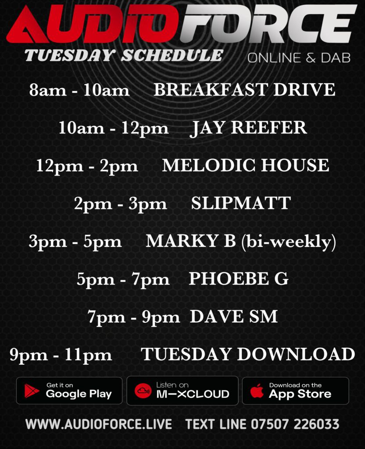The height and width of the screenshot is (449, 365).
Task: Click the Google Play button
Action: coord(69,391)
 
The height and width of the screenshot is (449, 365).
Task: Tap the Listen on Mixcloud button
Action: coord(182,391)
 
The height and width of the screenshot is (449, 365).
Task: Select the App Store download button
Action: coord(296,391)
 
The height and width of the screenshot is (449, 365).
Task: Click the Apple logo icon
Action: coord(257,391)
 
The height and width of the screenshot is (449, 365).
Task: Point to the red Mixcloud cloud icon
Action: coord(143,391)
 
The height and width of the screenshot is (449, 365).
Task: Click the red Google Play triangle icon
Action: coord(32,391)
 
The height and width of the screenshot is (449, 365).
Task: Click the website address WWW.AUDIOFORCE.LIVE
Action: coord(99,424)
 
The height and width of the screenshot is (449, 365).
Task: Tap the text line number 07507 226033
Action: coord(295,424)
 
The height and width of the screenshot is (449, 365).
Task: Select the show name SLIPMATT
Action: coord(241,203)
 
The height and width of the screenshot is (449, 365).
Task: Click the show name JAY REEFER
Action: coord(248,128)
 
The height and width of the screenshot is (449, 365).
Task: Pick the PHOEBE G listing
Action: coord(238,279)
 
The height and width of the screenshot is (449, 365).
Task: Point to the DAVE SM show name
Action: coord(234,317)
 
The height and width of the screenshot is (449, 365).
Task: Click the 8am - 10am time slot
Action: coord(79,90)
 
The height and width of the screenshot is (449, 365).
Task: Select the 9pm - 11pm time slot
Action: coord(61,355)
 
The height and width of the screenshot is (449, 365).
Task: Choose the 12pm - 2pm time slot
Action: coord(87,166)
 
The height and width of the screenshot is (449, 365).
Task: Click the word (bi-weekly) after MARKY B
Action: coord(289,242)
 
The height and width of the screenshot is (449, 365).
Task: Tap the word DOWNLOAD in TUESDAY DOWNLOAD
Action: coord(296,354)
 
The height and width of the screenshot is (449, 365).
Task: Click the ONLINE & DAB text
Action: coord(299,58)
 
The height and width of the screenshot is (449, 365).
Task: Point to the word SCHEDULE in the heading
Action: coord(172,55)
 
